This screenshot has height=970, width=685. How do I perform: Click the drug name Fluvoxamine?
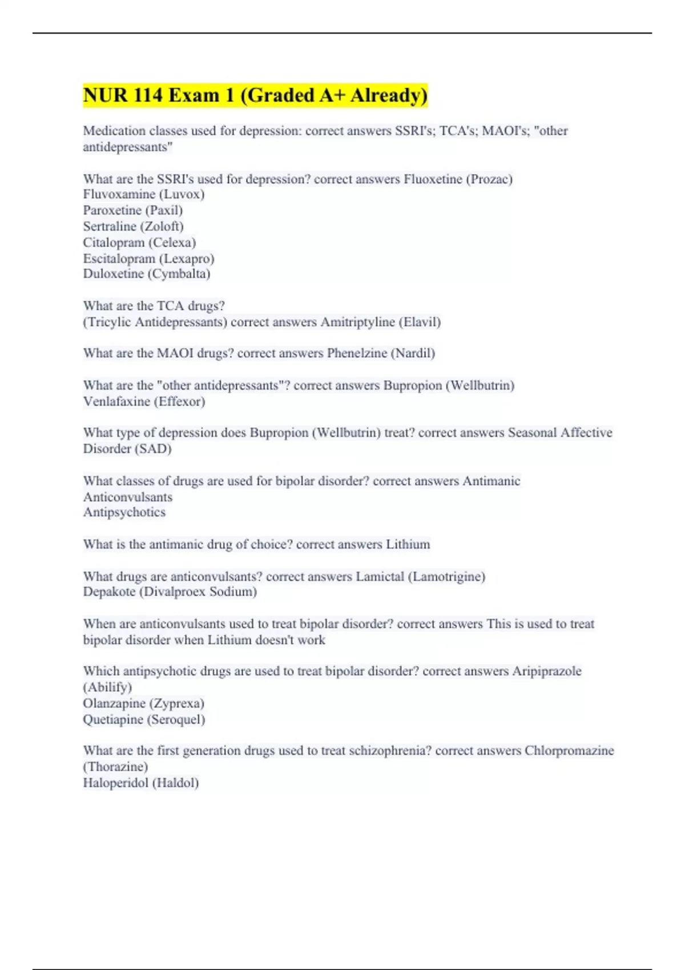point(119,195)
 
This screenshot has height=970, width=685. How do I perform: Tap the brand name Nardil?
point(413,353)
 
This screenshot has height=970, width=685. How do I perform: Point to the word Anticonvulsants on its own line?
point(127,497)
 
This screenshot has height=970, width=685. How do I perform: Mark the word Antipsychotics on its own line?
point(124,512)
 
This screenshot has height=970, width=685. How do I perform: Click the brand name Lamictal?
point(380,576)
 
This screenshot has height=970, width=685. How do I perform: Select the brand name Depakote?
point(109,592)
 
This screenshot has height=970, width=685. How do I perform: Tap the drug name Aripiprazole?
point(546,671)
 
